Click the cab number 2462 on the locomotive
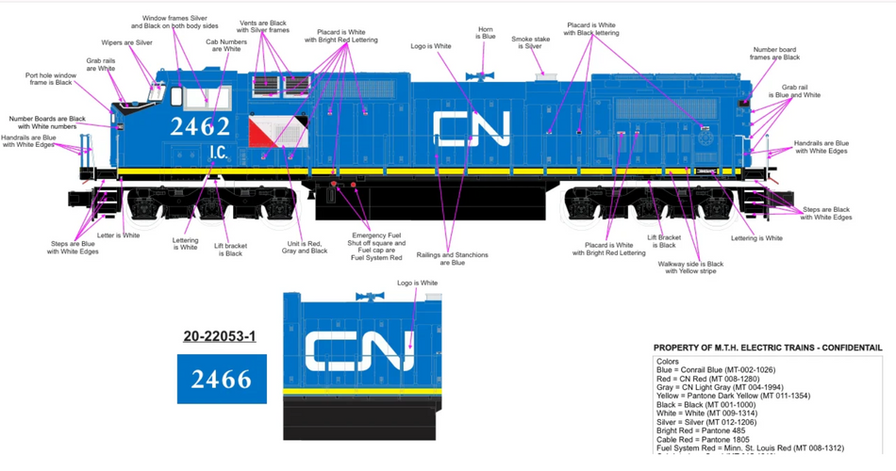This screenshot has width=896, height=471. [200, 126]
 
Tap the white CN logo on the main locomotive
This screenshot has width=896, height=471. [471, 128]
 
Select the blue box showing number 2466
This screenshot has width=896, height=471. [222, 379]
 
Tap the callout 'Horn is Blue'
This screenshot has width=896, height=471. [486, 33]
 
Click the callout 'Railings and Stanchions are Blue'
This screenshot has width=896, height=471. [453, 259]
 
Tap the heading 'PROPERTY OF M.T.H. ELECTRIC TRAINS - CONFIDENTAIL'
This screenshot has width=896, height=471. [768, 348]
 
